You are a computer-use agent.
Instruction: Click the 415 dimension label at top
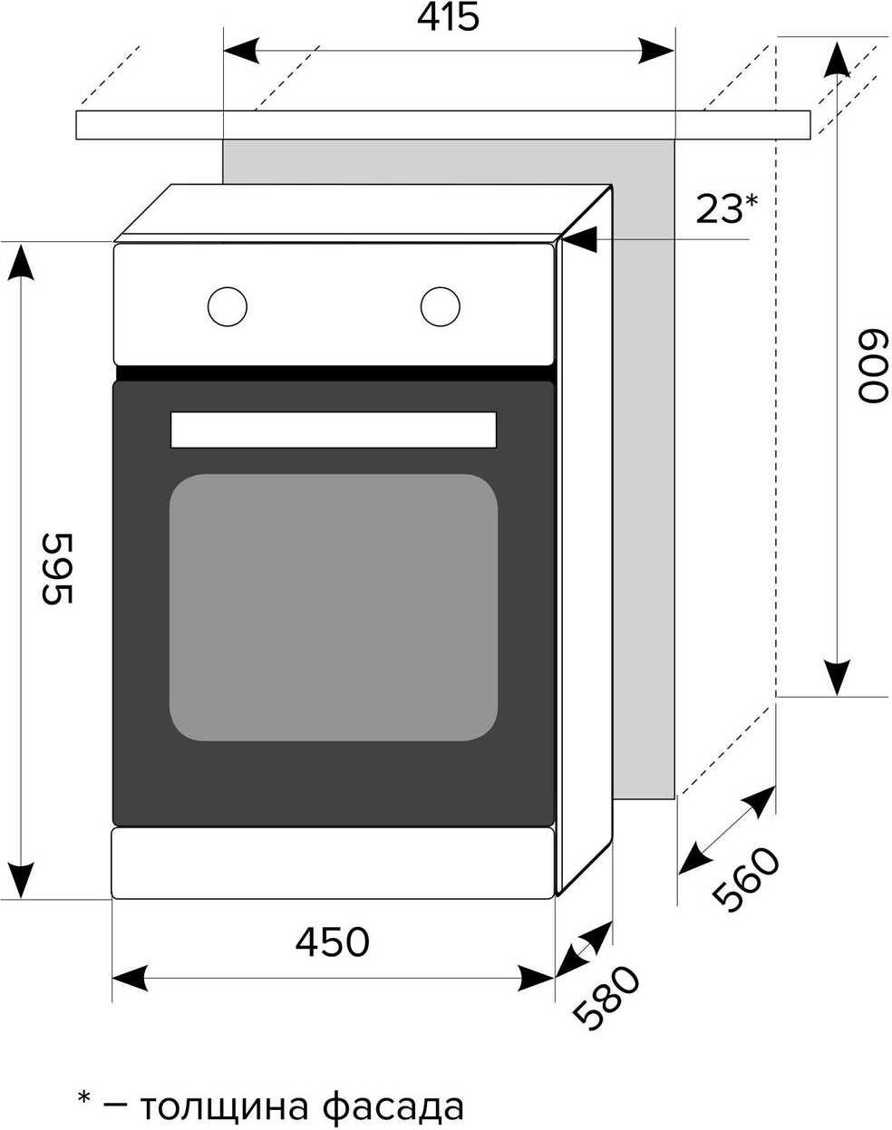click(448, 17)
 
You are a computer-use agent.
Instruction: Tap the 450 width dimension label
click(332, 941)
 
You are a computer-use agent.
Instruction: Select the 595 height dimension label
click(56, 569)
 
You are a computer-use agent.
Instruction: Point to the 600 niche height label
click(873, 366)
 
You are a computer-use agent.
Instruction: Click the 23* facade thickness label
click(727, 209)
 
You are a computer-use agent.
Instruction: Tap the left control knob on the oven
click(228, 306)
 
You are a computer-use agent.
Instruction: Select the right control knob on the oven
click(441, 306)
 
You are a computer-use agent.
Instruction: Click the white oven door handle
click(334, 430)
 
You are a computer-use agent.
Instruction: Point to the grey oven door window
click(334, 607)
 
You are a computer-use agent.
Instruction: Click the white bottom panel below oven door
click(333, 864)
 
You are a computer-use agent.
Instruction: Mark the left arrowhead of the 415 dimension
click(241, 51)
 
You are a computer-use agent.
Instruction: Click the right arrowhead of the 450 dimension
click(537, 978)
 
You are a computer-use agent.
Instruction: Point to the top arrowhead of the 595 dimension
click(21, 262)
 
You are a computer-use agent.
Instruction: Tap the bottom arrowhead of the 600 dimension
click(837, 678)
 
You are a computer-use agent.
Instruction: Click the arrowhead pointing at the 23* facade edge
click(580, 239)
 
